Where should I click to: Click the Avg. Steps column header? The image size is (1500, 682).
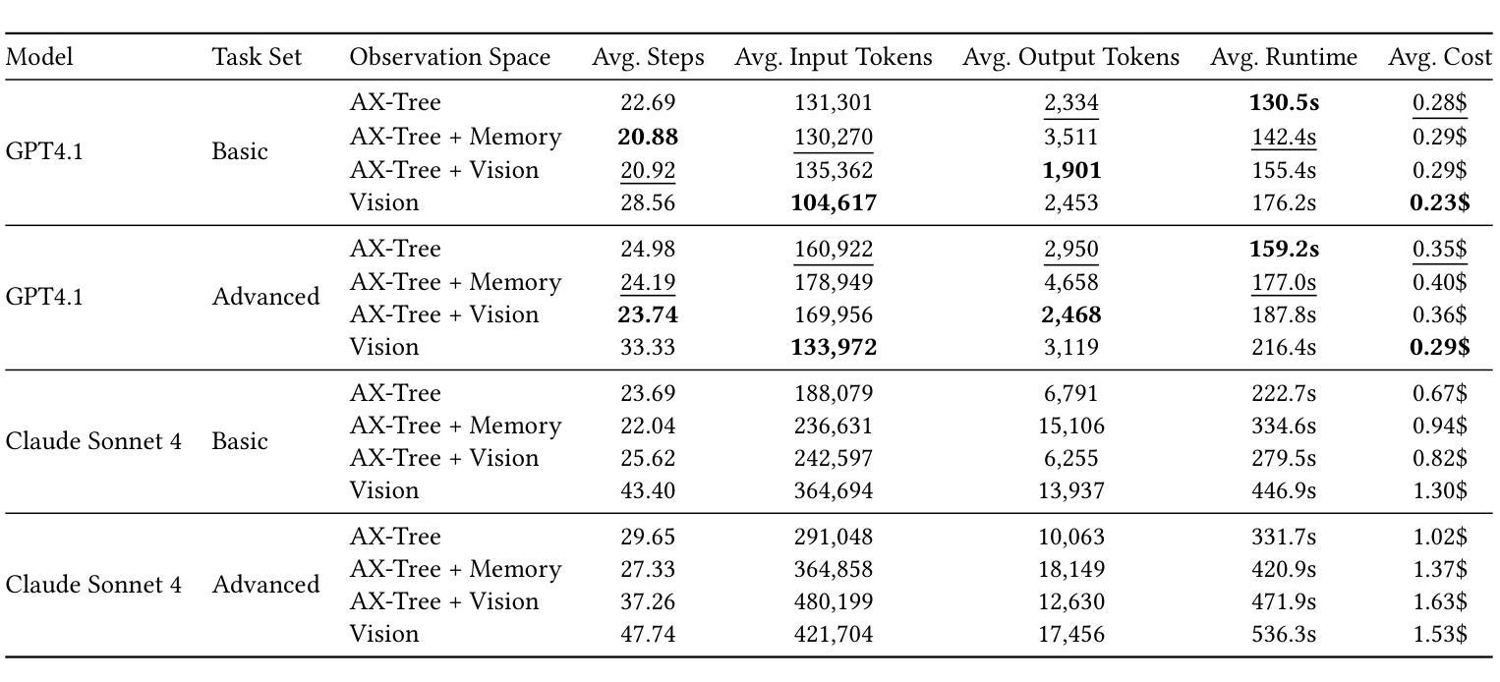coord(648,57)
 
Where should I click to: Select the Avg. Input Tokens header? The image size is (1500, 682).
coord(833,57)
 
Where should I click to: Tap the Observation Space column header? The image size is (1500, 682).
coord(449,57)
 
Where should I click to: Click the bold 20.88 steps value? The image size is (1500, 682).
coord(648,137)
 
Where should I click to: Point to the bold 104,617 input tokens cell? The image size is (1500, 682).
coord(834,202)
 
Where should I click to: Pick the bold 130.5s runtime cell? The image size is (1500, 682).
coord(1284,102)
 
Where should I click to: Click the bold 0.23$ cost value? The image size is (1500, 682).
coord(1440,202)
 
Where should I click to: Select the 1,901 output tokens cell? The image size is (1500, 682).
coord(1071,170)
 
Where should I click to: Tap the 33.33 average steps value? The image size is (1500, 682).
coord(648,347)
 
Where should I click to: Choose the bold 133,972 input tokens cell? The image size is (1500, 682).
coord(834,347)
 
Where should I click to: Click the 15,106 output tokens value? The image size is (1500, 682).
coord(1071,426)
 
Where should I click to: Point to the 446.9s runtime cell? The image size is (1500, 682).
coord(1284,490)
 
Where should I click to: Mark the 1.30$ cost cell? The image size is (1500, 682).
coord(1440,490)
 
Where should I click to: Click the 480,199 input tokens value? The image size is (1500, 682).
coord(834,601)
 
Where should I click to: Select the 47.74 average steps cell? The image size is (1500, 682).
coord(648,634)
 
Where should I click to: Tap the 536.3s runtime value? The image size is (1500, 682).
coord(1284,634)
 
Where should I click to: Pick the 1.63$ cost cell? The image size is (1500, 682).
coord(1440,601)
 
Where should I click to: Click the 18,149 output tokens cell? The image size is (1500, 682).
coord(1071,569)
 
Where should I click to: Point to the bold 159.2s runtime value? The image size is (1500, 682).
coord(1284,249)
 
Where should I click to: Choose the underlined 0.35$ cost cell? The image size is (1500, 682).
coord(1440,249)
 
